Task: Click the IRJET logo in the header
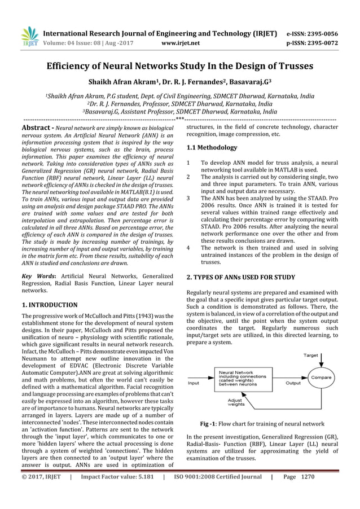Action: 29,37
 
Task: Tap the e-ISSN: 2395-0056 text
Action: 313,33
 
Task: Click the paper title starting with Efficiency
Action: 179,66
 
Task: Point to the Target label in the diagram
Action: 311,356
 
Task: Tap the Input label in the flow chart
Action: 194,383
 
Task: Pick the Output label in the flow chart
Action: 293,383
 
